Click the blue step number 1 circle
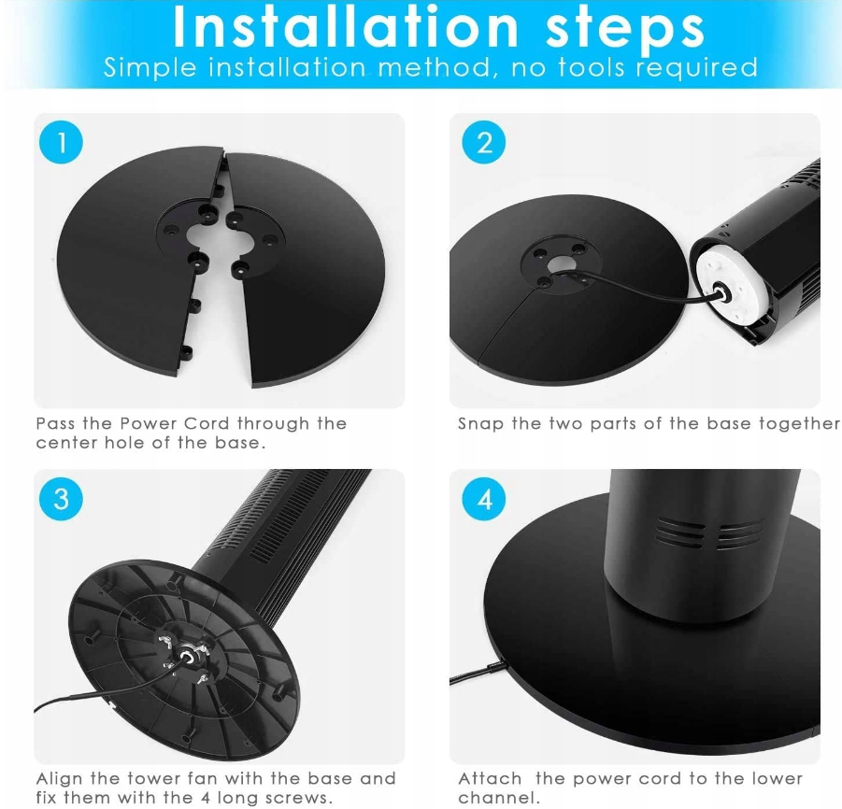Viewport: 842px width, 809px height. (61, 143)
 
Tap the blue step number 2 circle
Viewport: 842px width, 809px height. (484, 143)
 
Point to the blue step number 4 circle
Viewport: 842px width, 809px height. (484, 499)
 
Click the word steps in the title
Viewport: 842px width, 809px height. (624, 27)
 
